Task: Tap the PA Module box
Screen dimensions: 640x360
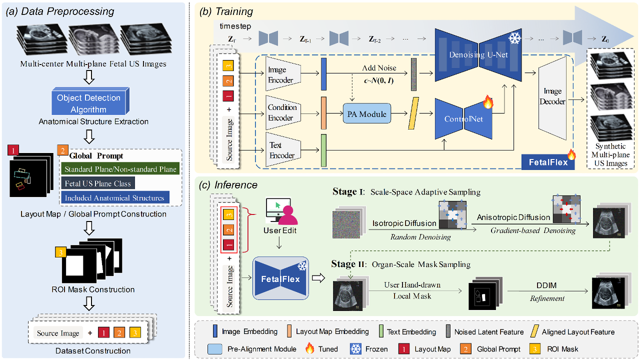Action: [x=367, y=113]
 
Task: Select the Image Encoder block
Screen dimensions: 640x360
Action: [x=283, y=74]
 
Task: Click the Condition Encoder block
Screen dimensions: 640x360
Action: [x=283, y=112]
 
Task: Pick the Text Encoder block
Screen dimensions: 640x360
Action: [x=283, y=149]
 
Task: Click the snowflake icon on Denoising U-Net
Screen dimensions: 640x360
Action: [x=514, y=38]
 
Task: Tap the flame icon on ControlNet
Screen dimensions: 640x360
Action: [x=488, y=102]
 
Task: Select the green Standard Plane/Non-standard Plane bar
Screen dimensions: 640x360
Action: [x=120, y=169]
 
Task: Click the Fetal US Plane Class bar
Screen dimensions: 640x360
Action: [x=97, y=183]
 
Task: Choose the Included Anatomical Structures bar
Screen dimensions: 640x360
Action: [x=115, y=197]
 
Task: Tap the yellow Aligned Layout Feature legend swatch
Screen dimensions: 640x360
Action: [x=534, y=331]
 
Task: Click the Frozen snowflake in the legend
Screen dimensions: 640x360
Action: [x=355, y=349]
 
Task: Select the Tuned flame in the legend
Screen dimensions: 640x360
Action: [x=309, y=348]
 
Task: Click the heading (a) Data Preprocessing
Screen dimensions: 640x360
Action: [x=60, y=11]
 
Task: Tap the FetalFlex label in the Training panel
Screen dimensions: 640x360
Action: [x=548, y=162]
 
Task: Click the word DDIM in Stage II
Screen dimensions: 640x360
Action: [x=546, y=285]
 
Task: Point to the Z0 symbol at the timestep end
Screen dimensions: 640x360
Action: [x=605, y=39]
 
